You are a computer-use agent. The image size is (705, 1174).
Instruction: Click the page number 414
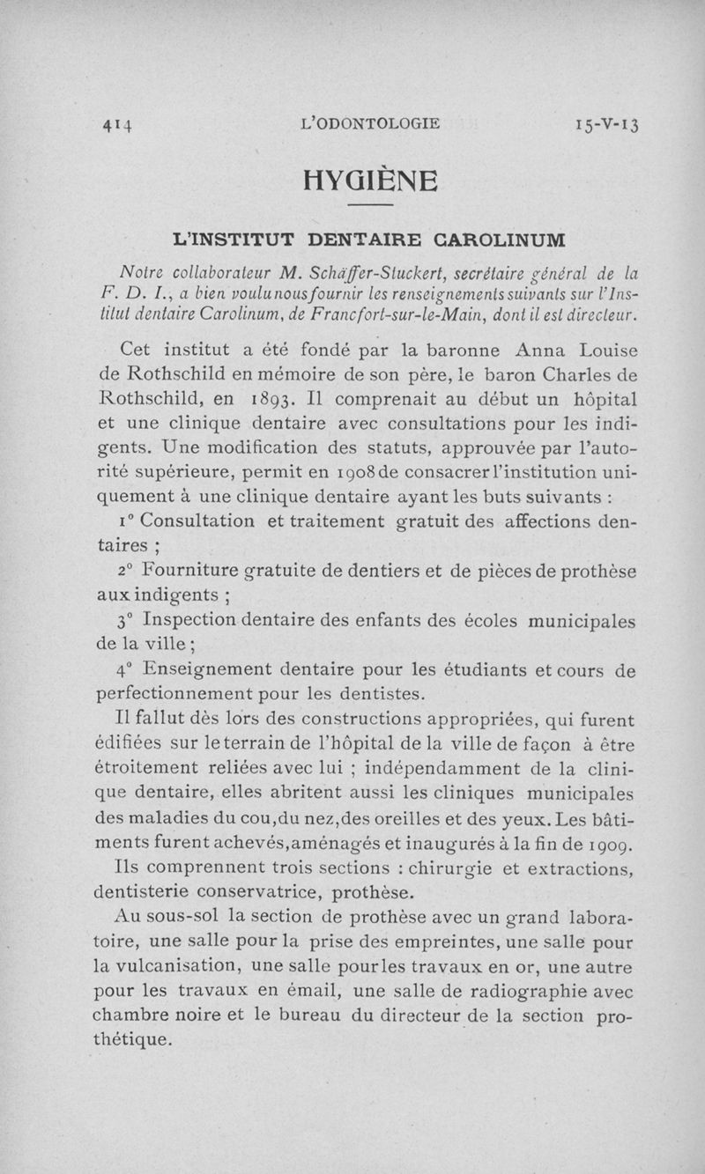click(x=115, y=124)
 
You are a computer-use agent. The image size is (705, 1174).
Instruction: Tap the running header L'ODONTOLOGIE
click(x=370, y=123)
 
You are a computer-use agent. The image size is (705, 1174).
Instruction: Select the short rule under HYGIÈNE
click(x=369, y=206)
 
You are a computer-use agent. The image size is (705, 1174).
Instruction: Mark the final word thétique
click(x=132, y=1040)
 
